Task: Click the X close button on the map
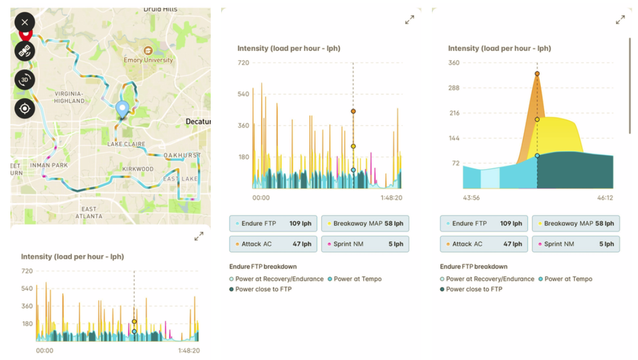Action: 24,23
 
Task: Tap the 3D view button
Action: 24,80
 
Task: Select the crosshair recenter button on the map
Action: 24,108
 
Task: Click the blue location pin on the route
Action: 122,109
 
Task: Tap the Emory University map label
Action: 148,60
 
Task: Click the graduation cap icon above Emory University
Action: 148,50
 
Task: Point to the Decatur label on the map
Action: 198,122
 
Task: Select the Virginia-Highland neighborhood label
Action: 70,97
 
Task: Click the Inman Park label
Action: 50,166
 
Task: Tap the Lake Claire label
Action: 126,144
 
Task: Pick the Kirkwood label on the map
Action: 138,169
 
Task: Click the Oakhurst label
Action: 182,156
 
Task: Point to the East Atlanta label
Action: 89,212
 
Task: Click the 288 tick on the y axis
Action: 453,88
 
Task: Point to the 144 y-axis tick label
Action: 453,138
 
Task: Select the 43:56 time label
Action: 471,198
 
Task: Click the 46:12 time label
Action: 604,198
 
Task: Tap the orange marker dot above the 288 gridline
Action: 537,74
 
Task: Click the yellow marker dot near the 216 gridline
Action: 537,119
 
